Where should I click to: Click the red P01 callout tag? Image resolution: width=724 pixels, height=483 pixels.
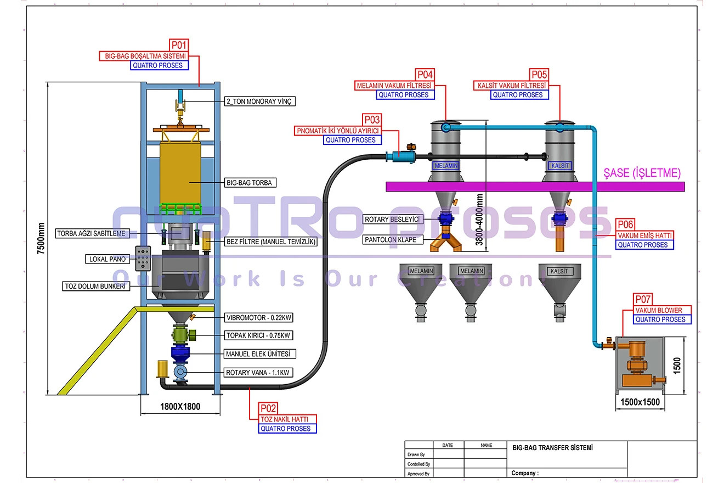pyautogui.click(x=179, y=44)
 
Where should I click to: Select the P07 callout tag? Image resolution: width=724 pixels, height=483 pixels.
pyautogui.click(x=643, y=300)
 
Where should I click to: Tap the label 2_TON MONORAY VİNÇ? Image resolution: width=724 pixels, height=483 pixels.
pyautogui.click(x=260, y=102)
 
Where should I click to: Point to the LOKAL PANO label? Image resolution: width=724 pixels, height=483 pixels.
pyautogui.click(x=107, y=259)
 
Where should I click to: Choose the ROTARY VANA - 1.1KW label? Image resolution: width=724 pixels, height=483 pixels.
pyautogui.click(x=258, y=373)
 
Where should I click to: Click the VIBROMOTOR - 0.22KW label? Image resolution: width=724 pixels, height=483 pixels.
pyautogui.click(x=258, y=318)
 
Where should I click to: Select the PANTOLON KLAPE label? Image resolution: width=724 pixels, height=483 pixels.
pyautogui.click(x=393, y=240)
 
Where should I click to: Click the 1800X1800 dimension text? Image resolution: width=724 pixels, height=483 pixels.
pyautogui.click(x=180, y=407)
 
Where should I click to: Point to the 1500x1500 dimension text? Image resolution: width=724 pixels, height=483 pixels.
pyautogui.click(x=640, y=402)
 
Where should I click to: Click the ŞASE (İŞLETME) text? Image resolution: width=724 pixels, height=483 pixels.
pyautogui.click(x=642, y=173)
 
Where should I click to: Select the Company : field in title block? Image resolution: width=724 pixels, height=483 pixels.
pyautogui.click(x=525, y=473)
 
